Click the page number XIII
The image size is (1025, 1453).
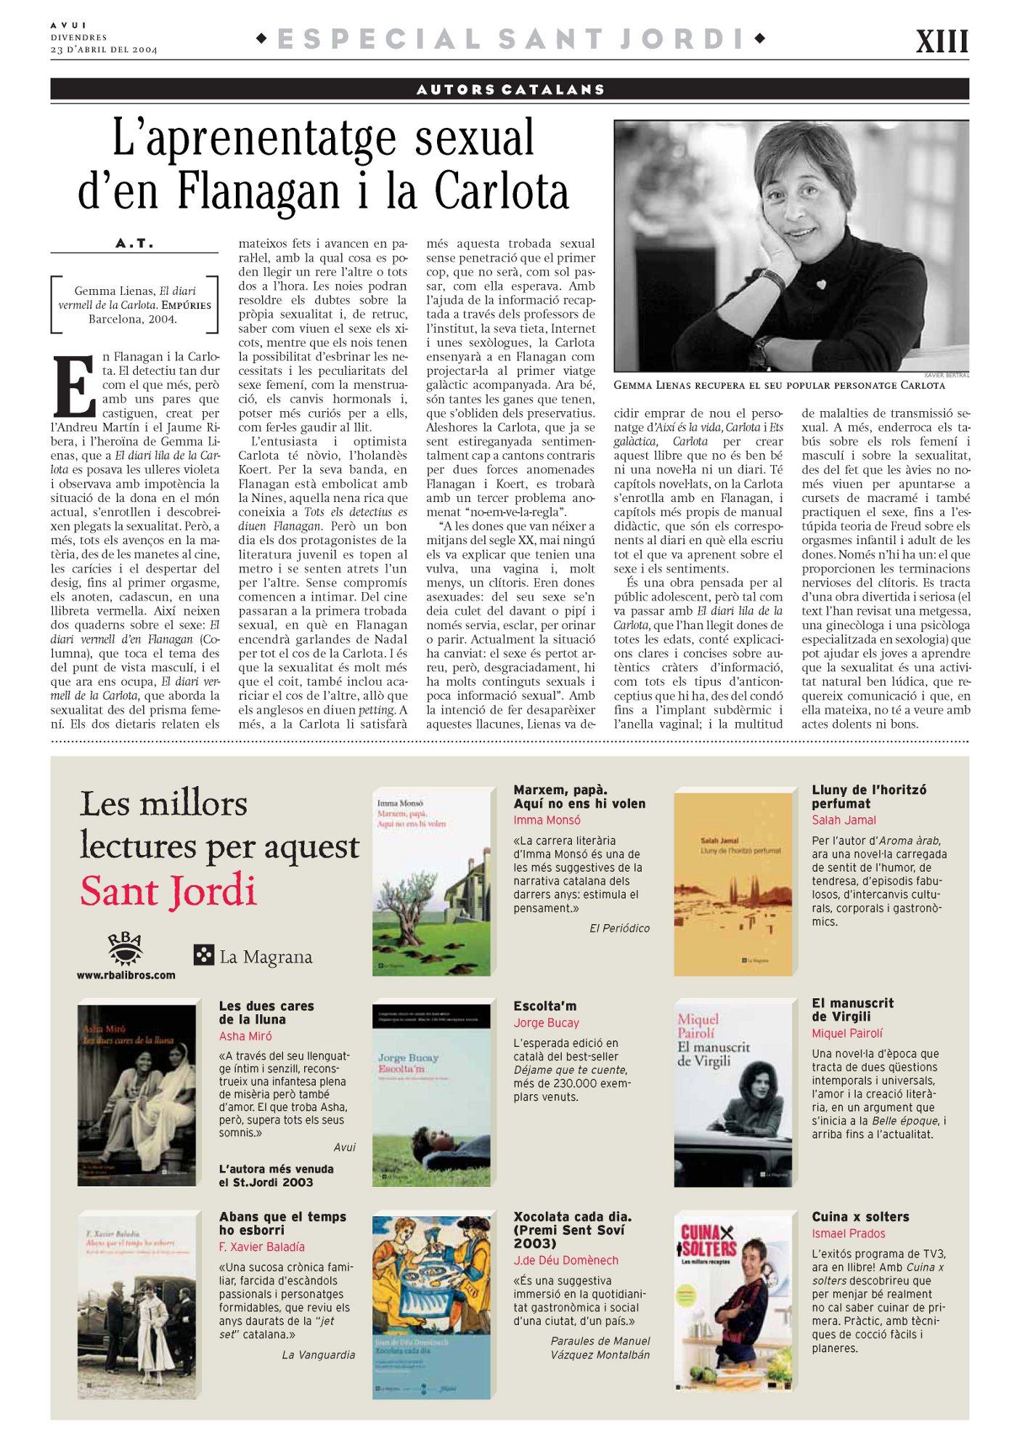[942, 41]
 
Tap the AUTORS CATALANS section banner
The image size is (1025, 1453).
[510, 89]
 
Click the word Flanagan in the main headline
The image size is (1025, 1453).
[258, 192]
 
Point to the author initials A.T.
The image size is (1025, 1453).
[134, 243]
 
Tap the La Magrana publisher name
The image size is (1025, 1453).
[266, 957]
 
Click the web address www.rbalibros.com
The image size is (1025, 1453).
[126, 975]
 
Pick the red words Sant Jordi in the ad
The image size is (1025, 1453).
[168, 891]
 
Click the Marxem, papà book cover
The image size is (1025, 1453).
[433, 882]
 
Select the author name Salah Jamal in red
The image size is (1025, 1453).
[844, 820]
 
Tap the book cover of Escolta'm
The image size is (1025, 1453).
[433, 1095]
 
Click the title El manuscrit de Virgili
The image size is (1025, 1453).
[852, 1010]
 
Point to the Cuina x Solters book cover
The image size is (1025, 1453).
[732, 1304]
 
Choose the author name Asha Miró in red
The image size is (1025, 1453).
[245, 1036]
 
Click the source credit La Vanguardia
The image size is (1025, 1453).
[319, 1355]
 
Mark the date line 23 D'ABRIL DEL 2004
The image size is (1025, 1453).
[104, 49]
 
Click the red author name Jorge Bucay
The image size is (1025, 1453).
[546, 1023]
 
